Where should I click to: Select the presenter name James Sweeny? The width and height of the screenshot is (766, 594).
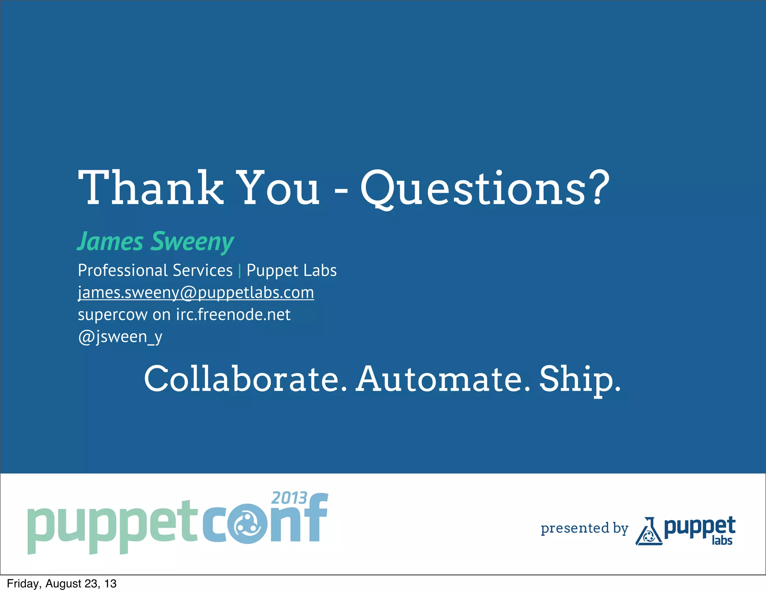(156, 242)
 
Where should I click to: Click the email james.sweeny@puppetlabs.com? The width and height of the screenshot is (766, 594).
(196, 293)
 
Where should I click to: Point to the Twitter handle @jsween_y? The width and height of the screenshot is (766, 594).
(120, 336)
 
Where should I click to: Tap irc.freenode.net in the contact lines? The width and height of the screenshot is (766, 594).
(233, 314)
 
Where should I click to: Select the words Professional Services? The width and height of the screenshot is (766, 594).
(155, 270)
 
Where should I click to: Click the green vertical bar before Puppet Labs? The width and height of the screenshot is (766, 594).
(239, 271)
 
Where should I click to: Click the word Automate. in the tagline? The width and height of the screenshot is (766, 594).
(443, 379)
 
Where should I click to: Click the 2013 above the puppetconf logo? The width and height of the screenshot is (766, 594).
(289, 498)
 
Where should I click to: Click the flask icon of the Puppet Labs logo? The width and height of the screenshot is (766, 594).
(649, 531)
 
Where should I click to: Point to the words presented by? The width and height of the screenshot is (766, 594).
(584, 528)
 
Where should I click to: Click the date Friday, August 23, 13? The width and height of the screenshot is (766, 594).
(62, 584)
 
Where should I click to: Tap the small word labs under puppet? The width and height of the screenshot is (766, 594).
(722, 540)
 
